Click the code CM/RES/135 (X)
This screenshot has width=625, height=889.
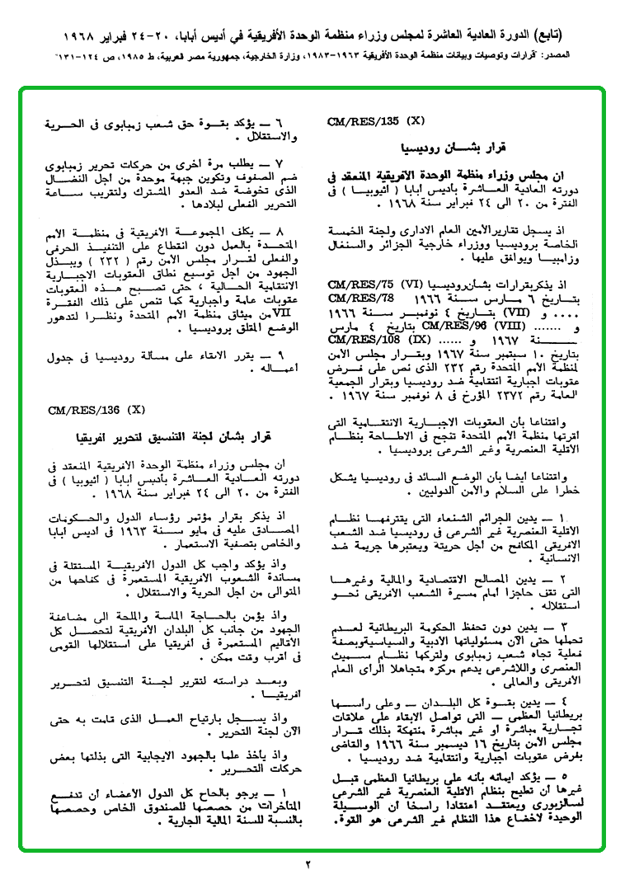pyautogui.click(x=375, y=120)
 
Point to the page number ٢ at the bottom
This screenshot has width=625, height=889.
pyautogui.click(x=309, y=865)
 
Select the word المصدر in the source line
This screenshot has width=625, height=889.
pyautogui.click(x=591, y=59)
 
